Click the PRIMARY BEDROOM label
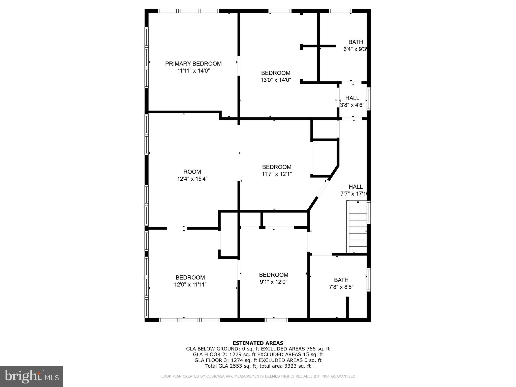point(193,64)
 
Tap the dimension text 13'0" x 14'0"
point(276,80)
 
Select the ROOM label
point(192,172)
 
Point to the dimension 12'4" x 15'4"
point(192,179)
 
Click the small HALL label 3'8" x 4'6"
point(352,98)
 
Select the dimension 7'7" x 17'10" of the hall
point(355,194)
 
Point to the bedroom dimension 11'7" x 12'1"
point(277,174)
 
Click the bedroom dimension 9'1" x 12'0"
point(274,282)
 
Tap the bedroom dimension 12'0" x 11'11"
point(190,285)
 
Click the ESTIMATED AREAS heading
point(258,343)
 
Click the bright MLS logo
point(31,377)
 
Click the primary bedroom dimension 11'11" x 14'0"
point(193,71)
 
